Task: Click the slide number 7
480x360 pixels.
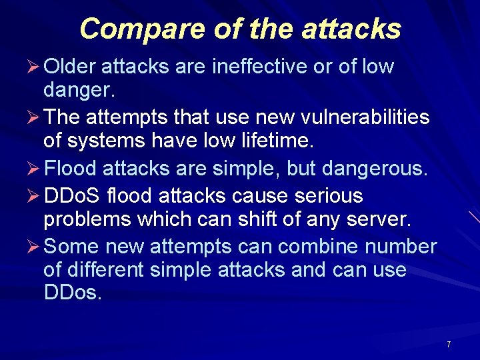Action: pos(449,345)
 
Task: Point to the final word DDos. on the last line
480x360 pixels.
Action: pos(73,292)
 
